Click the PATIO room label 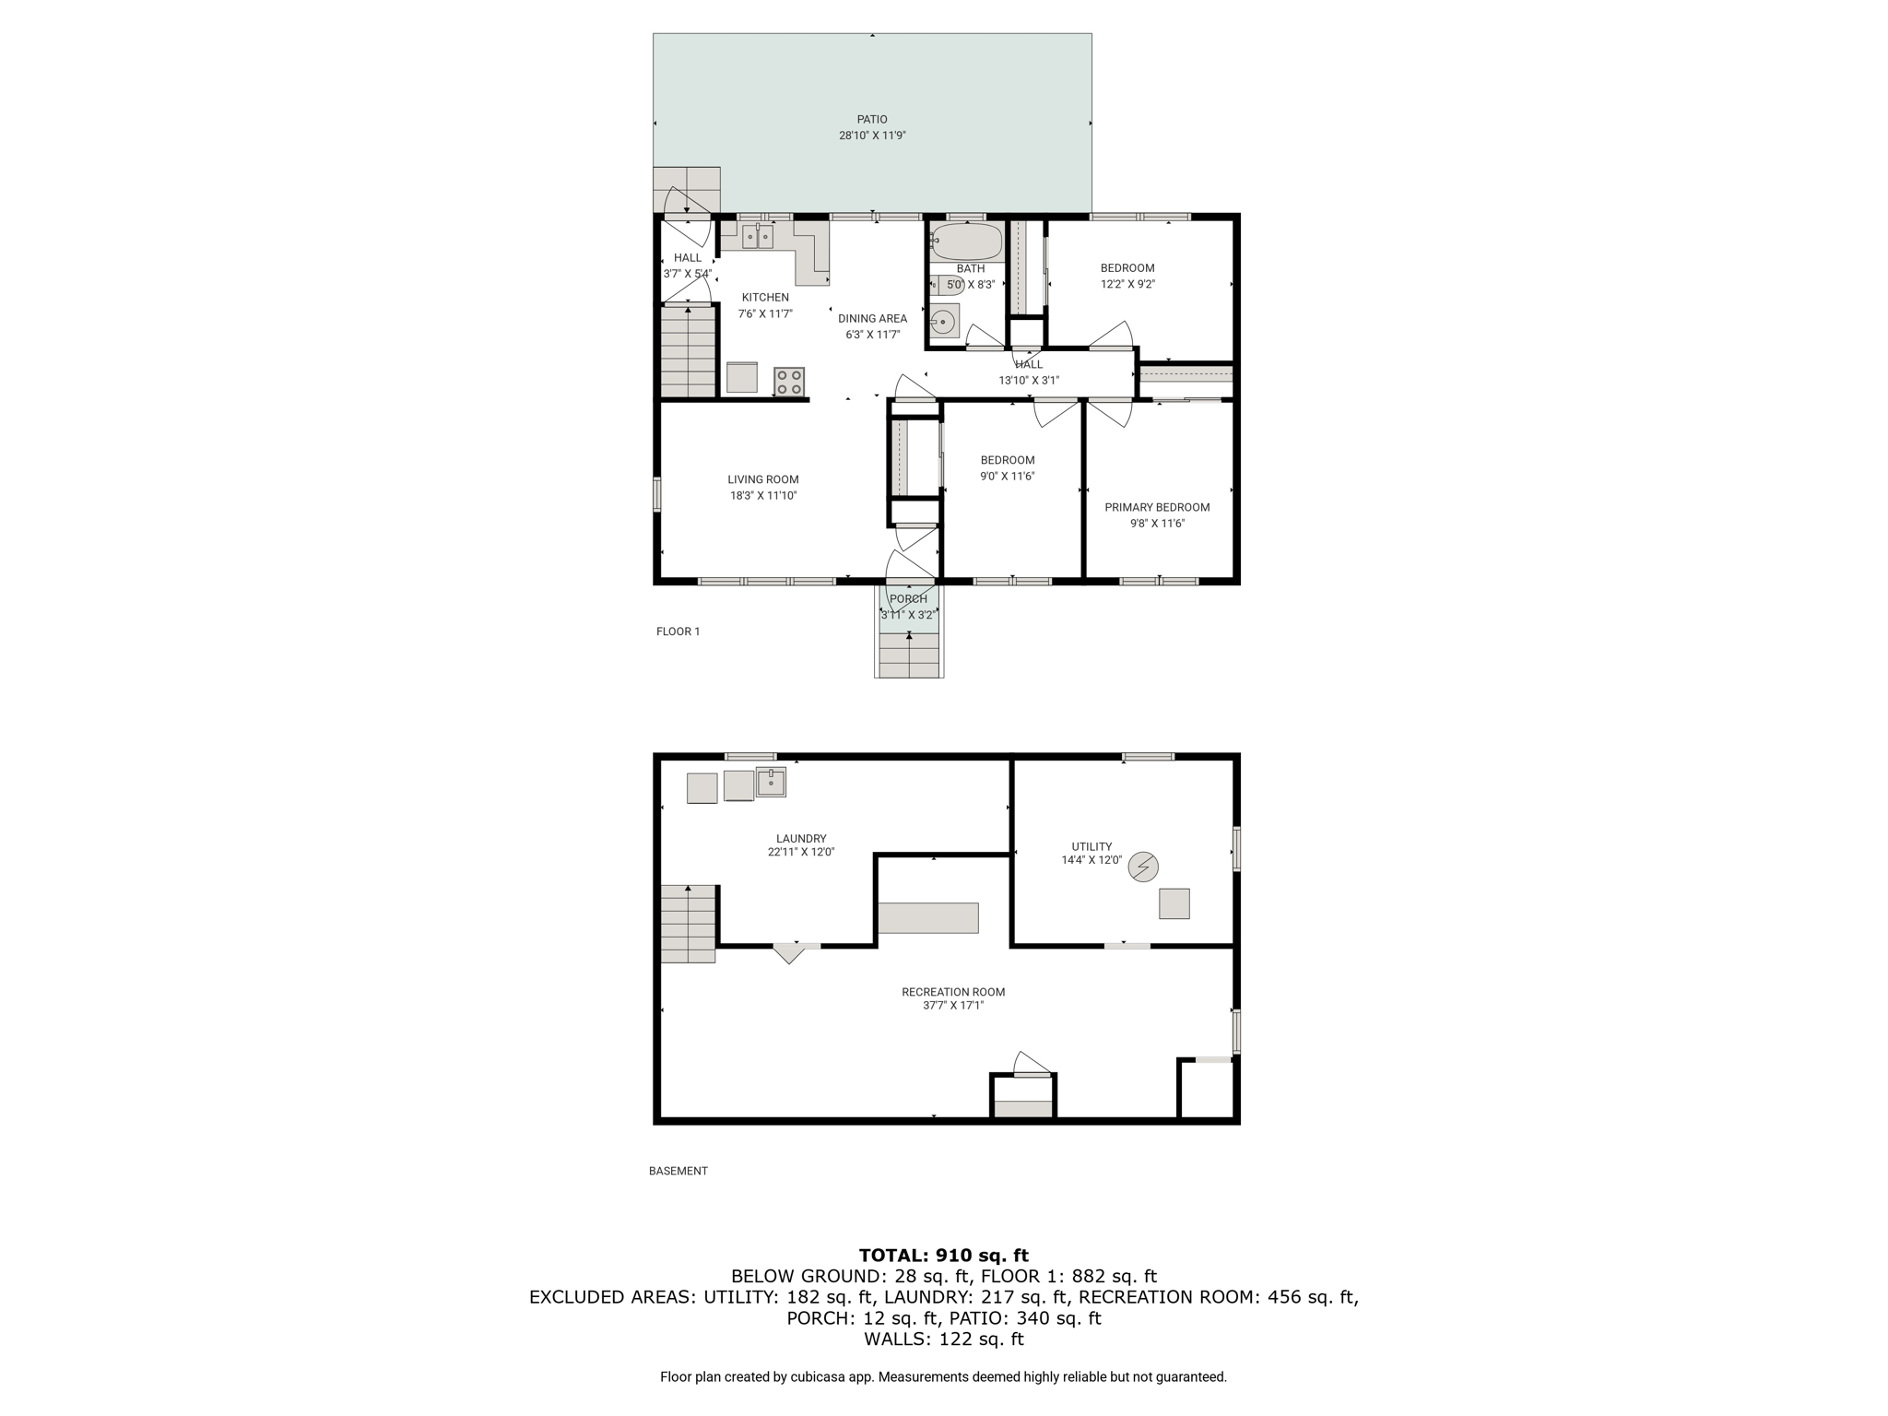(x=872, y=119)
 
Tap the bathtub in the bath (x=966, y=242)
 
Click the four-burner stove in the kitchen (x=789, y=382)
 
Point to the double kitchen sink (x=758, y=237)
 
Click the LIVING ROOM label (x=763, y=479)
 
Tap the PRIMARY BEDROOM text (x=1157, y=507)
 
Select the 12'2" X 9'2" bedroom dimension (x=1127, y=284)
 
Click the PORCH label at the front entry (x=908, y=599)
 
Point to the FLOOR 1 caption (x=678, y=631)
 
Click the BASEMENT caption (x=678, y=1171)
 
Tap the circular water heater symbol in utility (x=1144, y=867)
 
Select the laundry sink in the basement (x=771, y=782)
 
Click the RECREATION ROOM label (x=953, y=992)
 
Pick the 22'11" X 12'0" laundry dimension (x=801, y=853)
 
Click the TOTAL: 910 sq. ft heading (x=944, y=1255)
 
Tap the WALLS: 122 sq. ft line (x=944, y=1339)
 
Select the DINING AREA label (x=872, y=319)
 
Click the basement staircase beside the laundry (x=689, y=924)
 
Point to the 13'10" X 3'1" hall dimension (x=1029, y=380)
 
